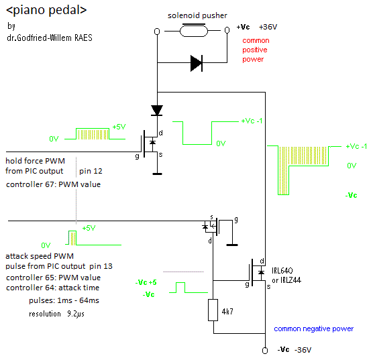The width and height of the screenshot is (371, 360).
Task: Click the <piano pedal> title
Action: pos(46,11)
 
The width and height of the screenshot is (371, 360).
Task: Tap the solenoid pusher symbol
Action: pos(193,30)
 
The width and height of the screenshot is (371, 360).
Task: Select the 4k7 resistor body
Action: pos(213,310)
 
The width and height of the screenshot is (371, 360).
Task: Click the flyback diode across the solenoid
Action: pos(197,63)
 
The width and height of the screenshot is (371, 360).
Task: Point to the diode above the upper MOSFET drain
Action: pos(157,111)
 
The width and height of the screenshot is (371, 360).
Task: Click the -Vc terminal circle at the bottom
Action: pos(265,351)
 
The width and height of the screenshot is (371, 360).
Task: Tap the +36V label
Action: pos(268,27)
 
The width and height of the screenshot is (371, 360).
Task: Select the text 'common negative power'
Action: pos(313,328)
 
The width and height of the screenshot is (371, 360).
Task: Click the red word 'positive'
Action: pos(254,50)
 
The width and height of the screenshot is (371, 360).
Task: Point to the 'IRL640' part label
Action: pos(282,271)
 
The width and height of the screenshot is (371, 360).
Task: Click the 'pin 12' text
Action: pos(91,171)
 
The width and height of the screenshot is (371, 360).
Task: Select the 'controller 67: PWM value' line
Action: pos(53,184)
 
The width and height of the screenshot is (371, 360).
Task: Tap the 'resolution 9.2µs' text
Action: pos(56,314)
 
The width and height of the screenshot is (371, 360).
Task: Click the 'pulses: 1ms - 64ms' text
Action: pos(64,300)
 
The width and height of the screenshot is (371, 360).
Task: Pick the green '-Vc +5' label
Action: pos(146,282)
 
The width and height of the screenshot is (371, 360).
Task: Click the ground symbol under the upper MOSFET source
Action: pos(157,174)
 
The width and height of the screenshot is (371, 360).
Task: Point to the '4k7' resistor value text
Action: pos(227,311)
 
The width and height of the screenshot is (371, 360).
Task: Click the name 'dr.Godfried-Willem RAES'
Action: pos(50,38)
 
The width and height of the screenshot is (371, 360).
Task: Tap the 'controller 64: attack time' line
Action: pos(52,288)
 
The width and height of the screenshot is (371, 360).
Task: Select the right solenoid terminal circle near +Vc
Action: pos(227,30)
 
